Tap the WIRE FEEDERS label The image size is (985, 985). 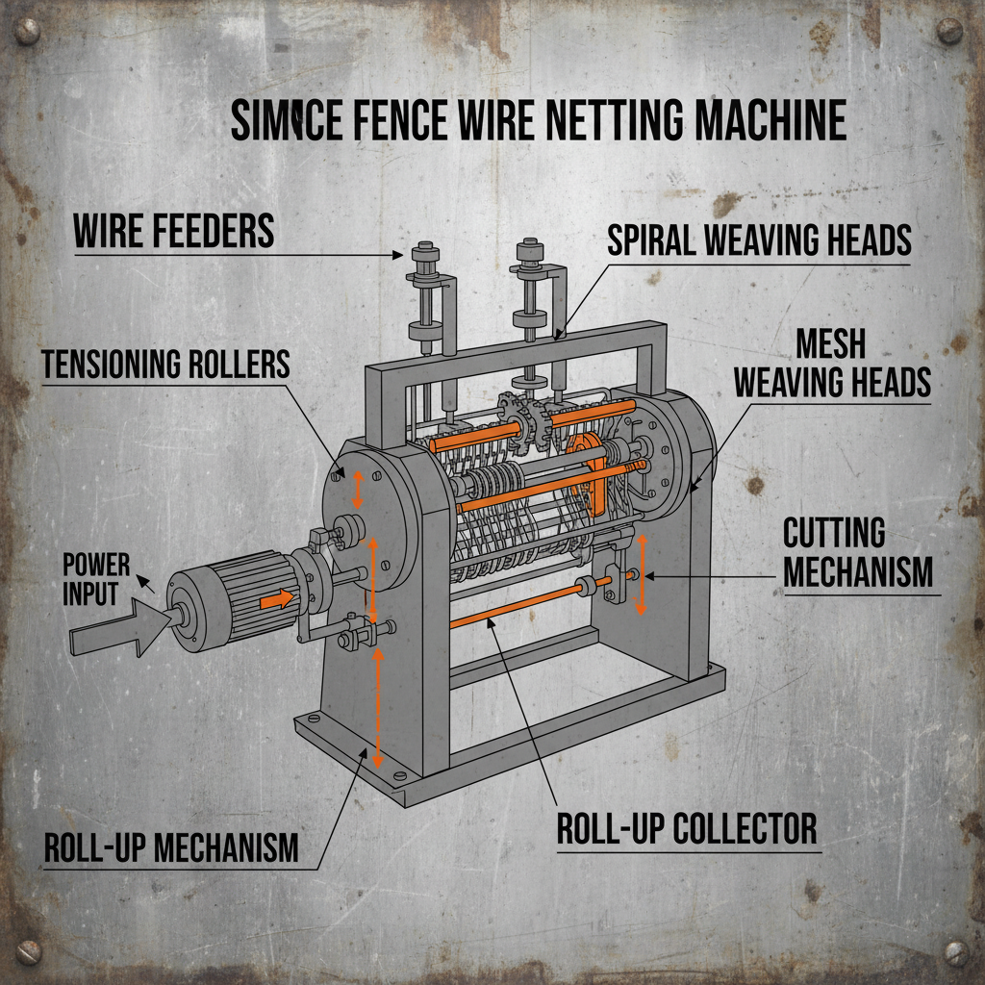point(174,231)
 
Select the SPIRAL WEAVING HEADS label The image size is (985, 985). point(759,240)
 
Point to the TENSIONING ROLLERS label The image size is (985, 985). point(165,364)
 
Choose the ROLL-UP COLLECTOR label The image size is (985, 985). point(687,828)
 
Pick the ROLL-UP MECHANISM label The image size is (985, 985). point(171,848)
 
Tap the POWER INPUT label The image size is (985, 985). point(96,578)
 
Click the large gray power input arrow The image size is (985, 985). point(116,628)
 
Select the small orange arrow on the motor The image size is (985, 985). point(277,598)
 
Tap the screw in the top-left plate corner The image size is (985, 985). point(28,35)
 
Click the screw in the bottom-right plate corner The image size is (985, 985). point(954,952)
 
